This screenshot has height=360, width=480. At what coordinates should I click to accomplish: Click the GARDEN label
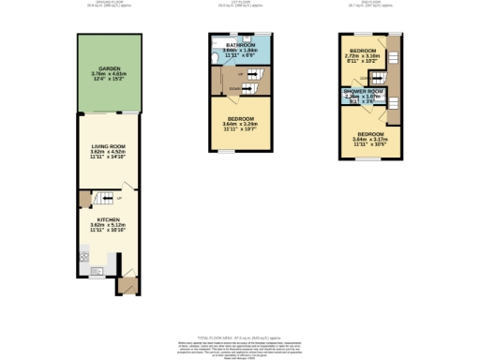(x=109, y=67)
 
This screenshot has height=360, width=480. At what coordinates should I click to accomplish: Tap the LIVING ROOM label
(x=109, y=146)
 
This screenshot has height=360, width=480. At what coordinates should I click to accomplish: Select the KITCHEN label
(x=109, y=219)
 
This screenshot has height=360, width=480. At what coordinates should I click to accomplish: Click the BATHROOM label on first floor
(x=238, y=43)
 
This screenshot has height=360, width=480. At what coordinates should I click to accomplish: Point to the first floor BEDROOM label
(x=238, y=117)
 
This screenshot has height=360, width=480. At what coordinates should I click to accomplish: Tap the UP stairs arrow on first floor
(x=241, y=72)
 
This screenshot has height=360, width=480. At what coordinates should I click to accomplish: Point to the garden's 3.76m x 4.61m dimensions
(x=109, y=75)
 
